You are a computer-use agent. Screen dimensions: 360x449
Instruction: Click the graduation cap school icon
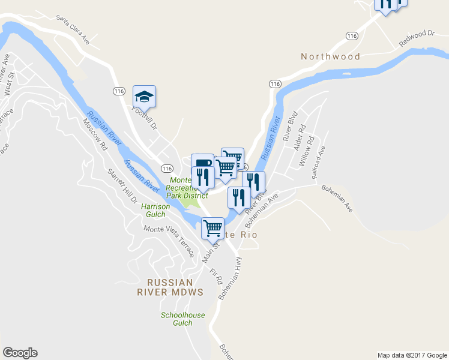coord(144,96)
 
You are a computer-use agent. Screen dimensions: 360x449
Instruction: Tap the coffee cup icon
coord(202,163)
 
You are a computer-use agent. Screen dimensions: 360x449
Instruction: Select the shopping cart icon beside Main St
coord(212,228)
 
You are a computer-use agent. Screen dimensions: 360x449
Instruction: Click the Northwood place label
coord(331,56)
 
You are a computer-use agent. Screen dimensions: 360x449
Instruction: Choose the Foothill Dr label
coord(144,118)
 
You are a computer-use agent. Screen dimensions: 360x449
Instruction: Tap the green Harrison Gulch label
coord(155,210)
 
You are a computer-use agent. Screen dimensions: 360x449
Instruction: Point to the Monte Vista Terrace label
coord(169,240)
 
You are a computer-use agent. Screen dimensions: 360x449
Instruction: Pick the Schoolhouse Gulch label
coord(182,319)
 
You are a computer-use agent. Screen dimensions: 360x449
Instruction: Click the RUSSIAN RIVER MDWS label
coord(170,287)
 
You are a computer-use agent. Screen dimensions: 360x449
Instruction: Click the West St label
coord(8,88)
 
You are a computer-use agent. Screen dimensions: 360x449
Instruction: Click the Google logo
coord(20,353)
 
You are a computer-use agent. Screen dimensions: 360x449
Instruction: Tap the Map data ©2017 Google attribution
coord(412,355)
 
